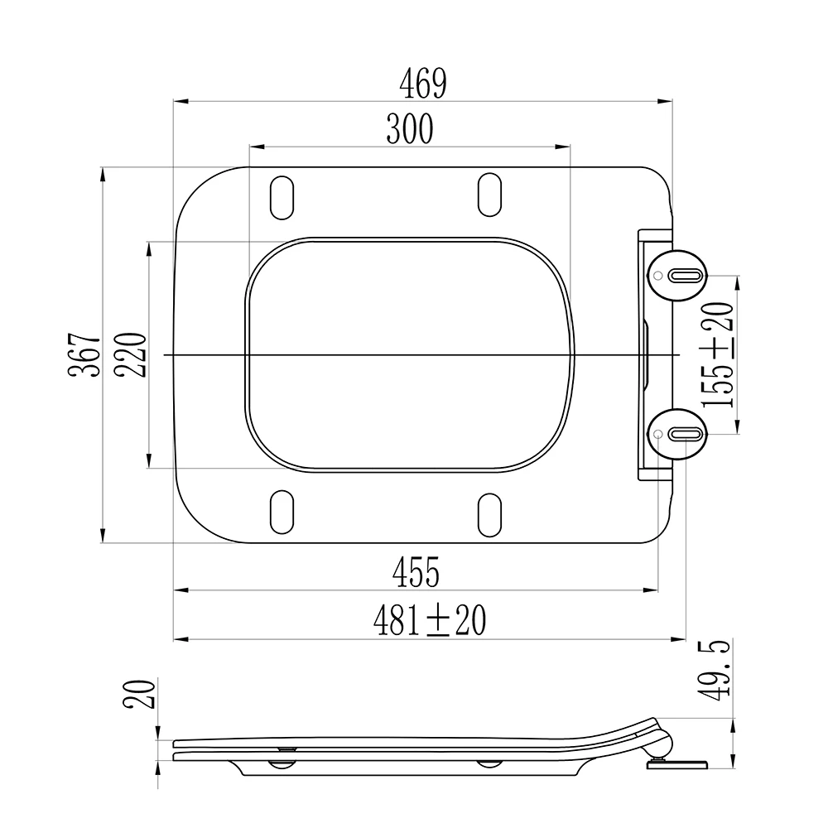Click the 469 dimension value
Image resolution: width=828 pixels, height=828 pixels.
tap(422, 84)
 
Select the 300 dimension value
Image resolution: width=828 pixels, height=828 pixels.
tap(409, 129)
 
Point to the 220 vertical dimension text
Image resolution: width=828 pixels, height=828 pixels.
tap(131, 354)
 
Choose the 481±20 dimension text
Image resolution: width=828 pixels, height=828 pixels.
tap(428, 620)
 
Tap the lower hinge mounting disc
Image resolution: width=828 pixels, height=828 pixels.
tap(678, 433)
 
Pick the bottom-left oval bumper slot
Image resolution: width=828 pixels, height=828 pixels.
tap(282, 511)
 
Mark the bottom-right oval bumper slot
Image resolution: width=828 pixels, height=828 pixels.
tap(489, 511)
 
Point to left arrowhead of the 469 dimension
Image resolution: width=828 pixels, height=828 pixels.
tap(180, 103)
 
